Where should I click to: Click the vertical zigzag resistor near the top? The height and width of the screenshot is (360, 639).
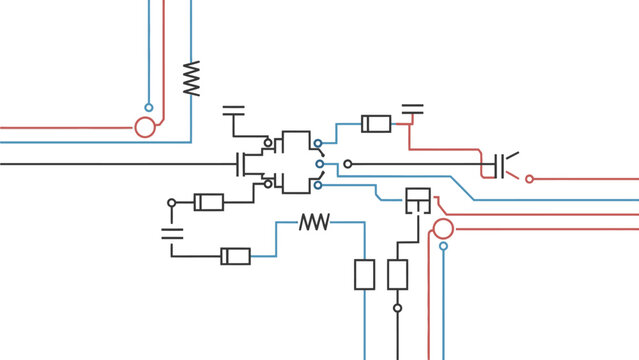point(191,78)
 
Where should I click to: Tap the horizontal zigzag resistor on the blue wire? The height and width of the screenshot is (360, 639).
point(315,222)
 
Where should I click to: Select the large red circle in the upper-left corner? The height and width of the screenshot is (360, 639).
point(145,127)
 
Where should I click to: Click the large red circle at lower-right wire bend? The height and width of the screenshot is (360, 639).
point(443,229)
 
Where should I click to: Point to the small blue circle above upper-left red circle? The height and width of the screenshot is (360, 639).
point(148,107)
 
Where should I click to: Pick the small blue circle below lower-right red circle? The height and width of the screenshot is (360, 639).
point(443,246)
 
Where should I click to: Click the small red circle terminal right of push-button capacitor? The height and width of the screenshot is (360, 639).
point(530,179)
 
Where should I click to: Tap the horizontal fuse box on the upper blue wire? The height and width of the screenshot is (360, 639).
point(376,124)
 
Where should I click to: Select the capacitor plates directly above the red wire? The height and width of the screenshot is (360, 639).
point(412,108)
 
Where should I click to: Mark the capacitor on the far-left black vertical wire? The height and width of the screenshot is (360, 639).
point(172,235)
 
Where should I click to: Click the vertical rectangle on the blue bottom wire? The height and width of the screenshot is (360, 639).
point(365,274)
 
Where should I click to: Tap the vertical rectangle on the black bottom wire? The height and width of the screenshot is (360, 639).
point(397,274)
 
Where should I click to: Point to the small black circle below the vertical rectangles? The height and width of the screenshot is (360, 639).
point(397,308)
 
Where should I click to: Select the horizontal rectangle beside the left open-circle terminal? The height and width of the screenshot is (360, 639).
point(208,202)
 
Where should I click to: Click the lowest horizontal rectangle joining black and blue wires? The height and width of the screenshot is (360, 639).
point(236,256)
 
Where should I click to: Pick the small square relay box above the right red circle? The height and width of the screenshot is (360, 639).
point(418,201)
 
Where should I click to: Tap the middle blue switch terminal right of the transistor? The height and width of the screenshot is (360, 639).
point(319,163)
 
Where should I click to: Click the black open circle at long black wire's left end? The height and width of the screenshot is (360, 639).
point(348,164)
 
